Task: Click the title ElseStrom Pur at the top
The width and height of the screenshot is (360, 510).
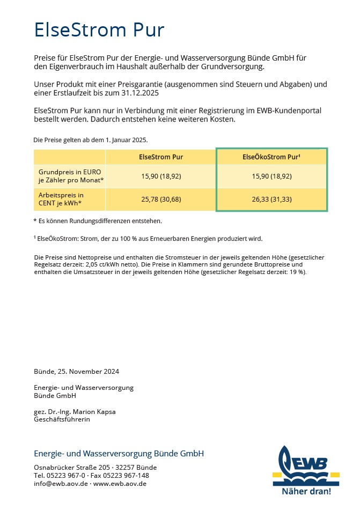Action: [99, 29]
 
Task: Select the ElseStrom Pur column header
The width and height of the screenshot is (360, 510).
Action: [161, 157]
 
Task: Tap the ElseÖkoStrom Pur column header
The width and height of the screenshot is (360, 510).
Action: [271, 157]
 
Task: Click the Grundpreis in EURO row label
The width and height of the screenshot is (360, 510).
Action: [69, 176]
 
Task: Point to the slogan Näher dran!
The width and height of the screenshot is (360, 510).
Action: [306, 491]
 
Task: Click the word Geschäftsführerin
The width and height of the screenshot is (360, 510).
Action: [62, 419]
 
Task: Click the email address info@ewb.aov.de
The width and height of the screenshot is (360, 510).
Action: [60, 483]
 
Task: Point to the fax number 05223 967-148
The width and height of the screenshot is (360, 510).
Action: [127, 475]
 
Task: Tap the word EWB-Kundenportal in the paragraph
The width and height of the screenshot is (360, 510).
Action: [290, 110]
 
